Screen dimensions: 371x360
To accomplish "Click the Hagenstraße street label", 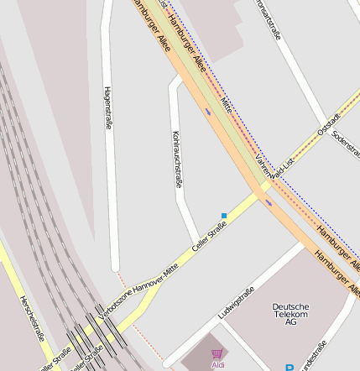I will tap(108, 107).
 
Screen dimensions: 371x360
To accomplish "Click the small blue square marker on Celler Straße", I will tap(224, 216).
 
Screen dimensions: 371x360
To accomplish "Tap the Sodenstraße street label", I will tap(345, 146).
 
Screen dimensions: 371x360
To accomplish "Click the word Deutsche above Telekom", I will tap(290, 306).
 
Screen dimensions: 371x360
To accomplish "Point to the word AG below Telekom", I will tap(290, 323).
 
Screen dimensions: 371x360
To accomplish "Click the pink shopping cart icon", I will tap(217, 354).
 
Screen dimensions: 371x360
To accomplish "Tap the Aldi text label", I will tap(217, 365).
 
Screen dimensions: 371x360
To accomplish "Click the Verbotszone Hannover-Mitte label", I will tap(138, 290).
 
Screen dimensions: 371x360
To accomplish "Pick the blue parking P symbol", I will tap(290, 368).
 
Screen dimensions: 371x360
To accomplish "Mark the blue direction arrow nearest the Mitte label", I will tap(207, 110).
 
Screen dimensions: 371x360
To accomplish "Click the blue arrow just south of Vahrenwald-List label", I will tap(269, 202).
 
